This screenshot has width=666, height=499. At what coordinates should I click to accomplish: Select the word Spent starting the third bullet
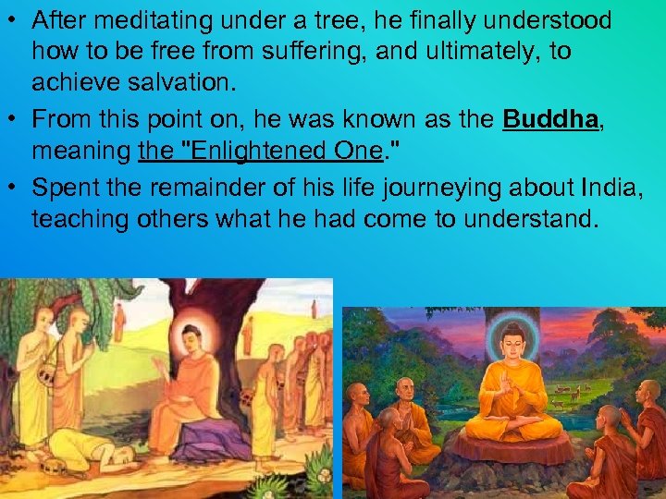pyautogui.click(x=61, y=189)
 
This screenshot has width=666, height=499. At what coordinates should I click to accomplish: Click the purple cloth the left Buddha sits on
pyautogui.click(x=203, y=440)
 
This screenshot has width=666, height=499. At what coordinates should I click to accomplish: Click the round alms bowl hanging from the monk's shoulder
pyautogui.click(x=45, y=373)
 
